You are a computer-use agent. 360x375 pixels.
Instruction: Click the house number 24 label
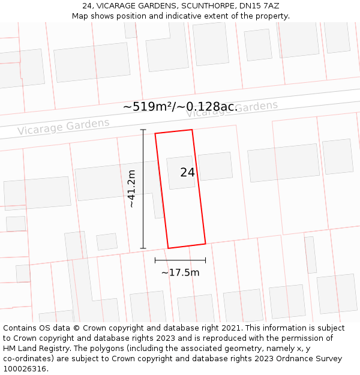pos(187,173)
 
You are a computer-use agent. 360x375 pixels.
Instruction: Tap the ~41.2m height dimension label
pos(131,189)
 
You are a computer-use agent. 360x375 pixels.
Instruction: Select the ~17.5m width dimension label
pos(180,272)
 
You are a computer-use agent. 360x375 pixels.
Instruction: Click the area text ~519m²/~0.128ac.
pos(180,107)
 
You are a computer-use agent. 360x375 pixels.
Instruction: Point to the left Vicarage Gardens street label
pos(63,127)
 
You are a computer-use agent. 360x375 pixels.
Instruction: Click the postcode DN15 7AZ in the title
pos(261,6)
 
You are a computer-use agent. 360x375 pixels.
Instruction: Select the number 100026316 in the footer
pos(25,369)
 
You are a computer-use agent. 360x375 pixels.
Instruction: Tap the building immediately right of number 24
pos(215,166)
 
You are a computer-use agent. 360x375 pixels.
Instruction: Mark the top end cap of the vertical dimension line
pos(143,130)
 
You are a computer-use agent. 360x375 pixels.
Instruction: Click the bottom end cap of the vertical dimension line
pos(143,248)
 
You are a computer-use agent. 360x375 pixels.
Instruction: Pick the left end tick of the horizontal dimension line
pos(155,260)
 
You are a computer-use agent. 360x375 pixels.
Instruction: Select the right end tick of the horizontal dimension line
pos(205,260)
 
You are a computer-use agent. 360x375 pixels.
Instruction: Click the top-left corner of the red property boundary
pos(155,133)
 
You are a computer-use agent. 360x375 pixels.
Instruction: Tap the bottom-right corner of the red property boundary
pos(205,243)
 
